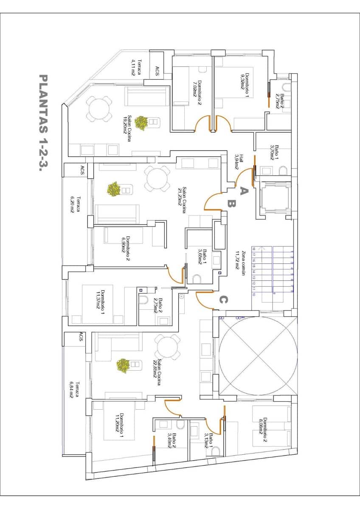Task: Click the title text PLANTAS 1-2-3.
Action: (x=43, y=123)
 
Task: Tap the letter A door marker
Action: (x=243, y=190)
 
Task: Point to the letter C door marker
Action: (x=223, y=300)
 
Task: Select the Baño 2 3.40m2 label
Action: (x=172, y=441)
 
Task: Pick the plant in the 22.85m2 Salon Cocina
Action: (x=123, y=366)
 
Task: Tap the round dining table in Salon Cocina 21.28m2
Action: (x=157, y=179)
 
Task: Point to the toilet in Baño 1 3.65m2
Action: (x=197, y=279)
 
